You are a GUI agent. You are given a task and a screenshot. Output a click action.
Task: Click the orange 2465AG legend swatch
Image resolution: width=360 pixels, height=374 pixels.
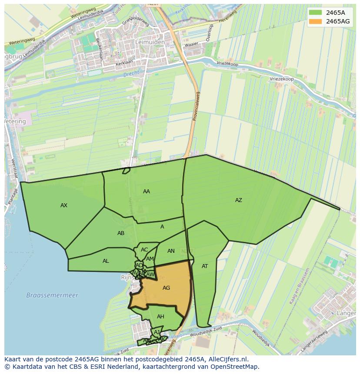pyautogui.click(x=316, y=21)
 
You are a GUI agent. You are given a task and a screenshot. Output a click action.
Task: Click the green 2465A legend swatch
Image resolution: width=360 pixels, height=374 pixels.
pyautogui.click(x=316, y=12)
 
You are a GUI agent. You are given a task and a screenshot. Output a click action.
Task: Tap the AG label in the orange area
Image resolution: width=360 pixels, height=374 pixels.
pyautogui.click(x=166, y=288)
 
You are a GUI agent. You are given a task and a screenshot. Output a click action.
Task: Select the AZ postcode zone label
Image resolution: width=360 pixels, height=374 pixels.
pyautogui.click(x=238, y=200)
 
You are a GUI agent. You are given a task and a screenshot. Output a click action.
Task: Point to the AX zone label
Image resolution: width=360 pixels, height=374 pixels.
pyautogui.click(x=64, y=205)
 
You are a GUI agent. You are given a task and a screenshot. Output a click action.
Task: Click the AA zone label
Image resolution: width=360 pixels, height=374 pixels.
pyautogui.click(x=147, y=192)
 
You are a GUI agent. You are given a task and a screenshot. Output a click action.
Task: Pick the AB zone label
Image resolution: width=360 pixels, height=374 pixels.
pyautogui.click(x=121, y=233)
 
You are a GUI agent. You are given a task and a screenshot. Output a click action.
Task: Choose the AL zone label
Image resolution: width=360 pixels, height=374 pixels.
pyautogui.click(x=106, y=261)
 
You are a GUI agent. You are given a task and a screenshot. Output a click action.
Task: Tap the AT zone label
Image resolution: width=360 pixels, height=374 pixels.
pyautogui.click(x=205, y=266)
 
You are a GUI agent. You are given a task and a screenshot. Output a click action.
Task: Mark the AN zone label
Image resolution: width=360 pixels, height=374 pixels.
pyautogui.click(x=171, y=251)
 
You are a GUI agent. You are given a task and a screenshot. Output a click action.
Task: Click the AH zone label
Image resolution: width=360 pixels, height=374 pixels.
pyautogui.click(x=160, y=317)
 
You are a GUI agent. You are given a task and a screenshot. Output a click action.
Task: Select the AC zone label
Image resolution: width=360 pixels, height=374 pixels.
pyautogui.click(x=144, y=250)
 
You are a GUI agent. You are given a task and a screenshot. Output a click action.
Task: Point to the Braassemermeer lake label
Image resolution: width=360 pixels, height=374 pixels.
pyautogui.click(x=52, y=295)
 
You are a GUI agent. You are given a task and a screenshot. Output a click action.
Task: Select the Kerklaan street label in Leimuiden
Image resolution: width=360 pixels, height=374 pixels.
pyautogui.click(x=123, y=63)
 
